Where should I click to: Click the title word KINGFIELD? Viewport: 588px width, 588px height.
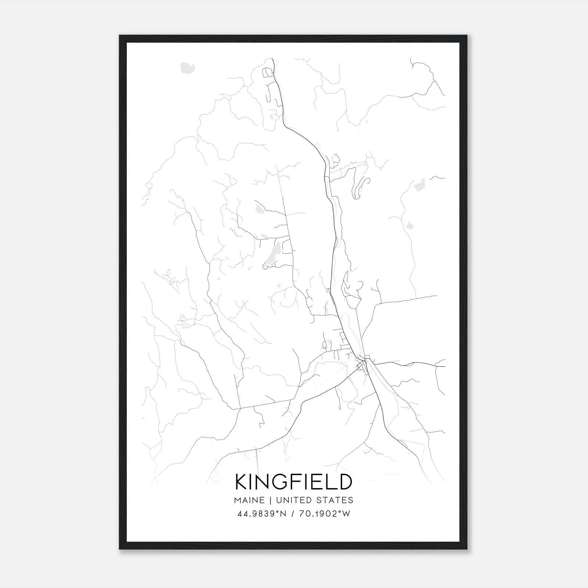pyautogui.click(x=294, y=482)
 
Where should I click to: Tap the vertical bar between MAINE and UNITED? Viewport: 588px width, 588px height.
pyautogui.click(x=270, y=500)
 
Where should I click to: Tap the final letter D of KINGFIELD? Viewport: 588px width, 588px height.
pyautogui.click(x=344, y=482)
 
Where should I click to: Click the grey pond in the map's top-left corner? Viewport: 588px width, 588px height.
pyautogui.click(x=187, y=67)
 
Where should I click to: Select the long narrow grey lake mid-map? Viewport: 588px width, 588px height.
pyautogui.click(x=272, y=254)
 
